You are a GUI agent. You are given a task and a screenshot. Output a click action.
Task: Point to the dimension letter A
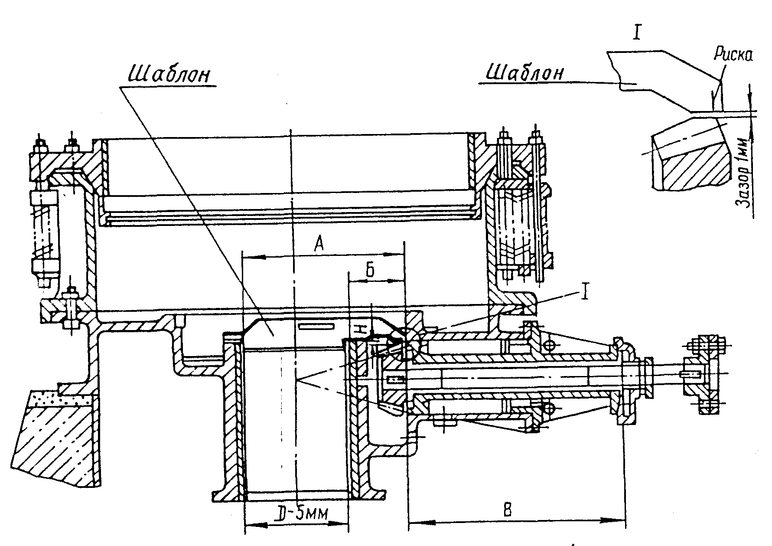[x=319, y=245]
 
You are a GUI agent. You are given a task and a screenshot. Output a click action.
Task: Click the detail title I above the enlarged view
[x=636, y=33]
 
